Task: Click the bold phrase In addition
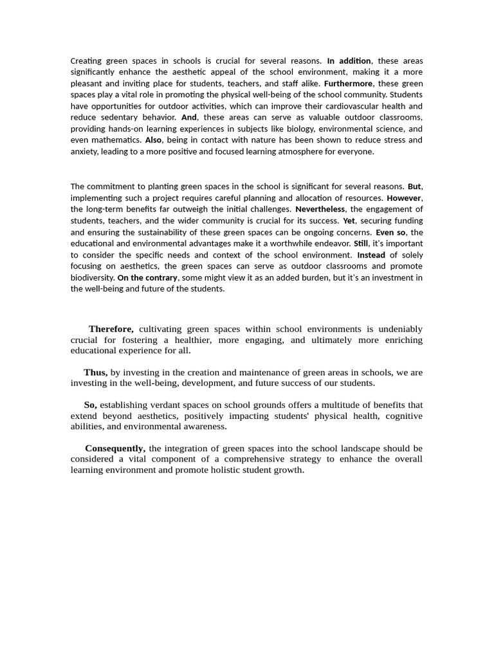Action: pyautogui.click(x=349, y=61)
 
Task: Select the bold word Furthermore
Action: pyautogui.click(x=348, y=84)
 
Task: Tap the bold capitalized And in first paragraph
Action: pyautogui.click(x=188, y=118)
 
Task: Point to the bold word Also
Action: pyautogui.click(x=153, y=140)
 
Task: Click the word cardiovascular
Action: pyautogui.click(x=343, y=106)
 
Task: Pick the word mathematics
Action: pyautogui.click(x=116, y=140)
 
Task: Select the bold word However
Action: pyautogui.click(x=404, y=198)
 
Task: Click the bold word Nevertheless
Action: pyautogui.click(x=320, y=209)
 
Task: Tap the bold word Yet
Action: pyautogui.click(x=349, y=221)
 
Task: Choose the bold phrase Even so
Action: pyautogui.click(x=390, y=232)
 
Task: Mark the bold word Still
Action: pyautogui.click(x=361, y=244)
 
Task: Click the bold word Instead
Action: pyautogui.click(x=371, y=255)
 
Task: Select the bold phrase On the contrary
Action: pyautogui.click(x=147, y=277)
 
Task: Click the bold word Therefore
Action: pyautogui.click(x=111, y=329)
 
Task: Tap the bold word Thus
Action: pyautogui.click(x=95, y=373)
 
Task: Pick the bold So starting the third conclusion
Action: pyautogui.click(x=90, y=405)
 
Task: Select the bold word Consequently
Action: pyautogui.click(x=115, y=448)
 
